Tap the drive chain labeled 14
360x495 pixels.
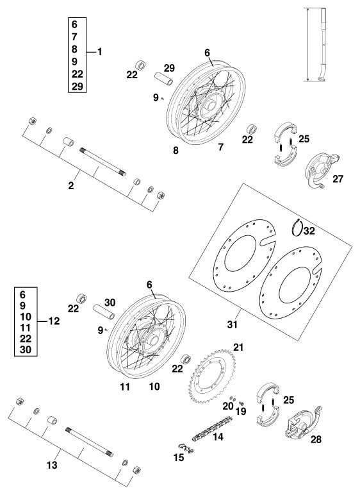(212, 429)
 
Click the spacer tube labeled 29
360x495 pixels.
(163, 79)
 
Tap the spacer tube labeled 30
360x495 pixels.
(103, 312)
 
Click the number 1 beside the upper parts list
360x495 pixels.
(100, 51)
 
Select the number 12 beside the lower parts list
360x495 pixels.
(54, 321)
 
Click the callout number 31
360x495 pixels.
(233, 324)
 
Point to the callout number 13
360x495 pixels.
(53, 465)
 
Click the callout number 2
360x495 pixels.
(71, 186)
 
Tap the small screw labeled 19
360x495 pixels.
(242, 403)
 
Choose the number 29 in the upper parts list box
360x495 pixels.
(77, 86)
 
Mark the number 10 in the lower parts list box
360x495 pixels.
(25, 316)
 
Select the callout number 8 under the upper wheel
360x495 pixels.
(176, 150)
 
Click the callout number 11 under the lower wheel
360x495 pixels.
(125, 387)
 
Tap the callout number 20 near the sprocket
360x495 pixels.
(228, 407)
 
